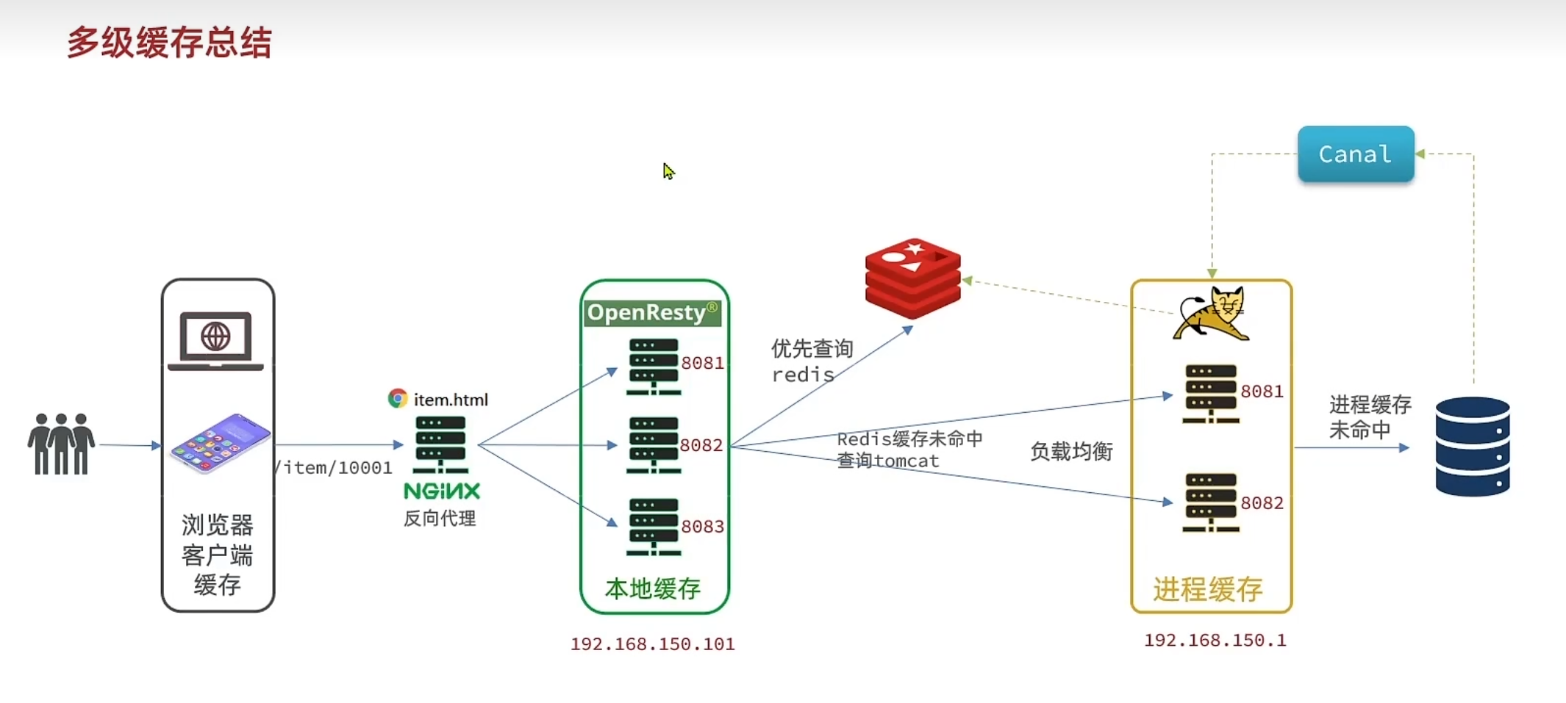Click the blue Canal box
[1356, 154]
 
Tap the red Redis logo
[913, 278]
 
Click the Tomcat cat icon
[1211, 314]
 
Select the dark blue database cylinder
[1473, 447]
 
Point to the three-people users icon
[62, 444]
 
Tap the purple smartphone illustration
[221, 443]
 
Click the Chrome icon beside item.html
[398, 398]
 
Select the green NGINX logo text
[442, 491]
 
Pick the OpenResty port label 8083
[702, 527]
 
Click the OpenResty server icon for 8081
[654, 367]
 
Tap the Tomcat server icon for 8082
[1211, 502]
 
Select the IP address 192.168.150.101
[653, 644]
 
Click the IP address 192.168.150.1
[1215, 641]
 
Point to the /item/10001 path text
[334, 468]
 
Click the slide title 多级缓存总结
[170, 43]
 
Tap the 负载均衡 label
[1071, 451]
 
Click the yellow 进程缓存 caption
[1208, 589]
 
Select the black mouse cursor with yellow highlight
[668, 171]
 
